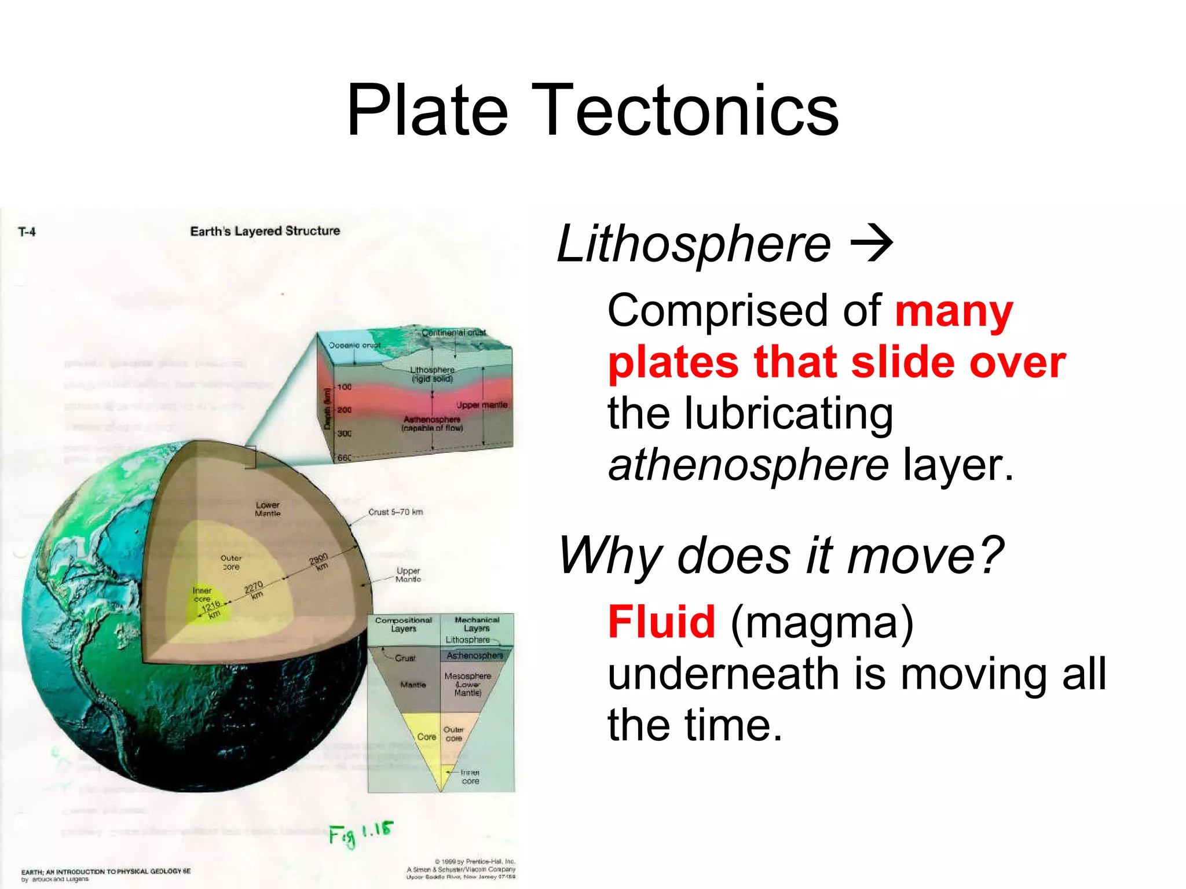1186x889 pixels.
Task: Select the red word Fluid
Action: pos(661,622)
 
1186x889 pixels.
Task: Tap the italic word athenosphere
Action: pos(748,465)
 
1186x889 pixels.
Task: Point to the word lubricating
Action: pos(788,413)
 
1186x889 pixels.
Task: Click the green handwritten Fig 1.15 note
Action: pos(361,833)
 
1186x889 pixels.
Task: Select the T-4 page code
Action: pos(27,232)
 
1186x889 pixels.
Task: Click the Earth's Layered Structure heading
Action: pos(265,231)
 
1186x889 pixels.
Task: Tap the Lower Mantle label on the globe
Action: pos(268,509)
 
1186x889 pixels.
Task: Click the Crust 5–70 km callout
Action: pos(396,512)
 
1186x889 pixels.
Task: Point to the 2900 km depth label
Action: pos(319,561)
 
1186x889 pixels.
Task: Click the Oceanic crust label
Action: pos(354,345)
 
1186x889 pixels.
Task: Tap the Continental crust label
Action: pos(453,333)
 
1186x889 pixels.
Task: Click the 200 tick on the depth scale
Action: pos(344,410)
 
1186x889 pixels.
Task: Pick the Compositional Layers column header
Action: pos(403,624)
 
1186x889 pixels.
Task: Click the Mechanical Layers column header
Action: pos(477,624)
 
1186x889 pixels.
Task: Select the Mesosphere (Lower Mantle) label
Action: pos(467,684)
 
